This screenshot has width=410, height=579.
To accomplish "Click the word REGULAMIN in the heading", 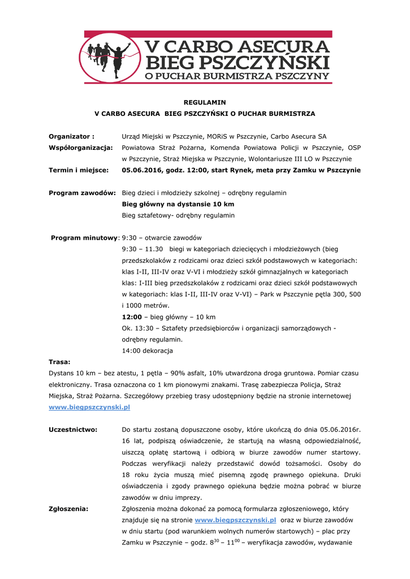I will [205, 102].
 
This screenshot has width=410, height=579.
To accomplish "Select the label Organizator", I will [71, 136].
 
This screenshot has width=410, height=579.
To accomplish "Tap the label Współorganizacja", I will [81, 148].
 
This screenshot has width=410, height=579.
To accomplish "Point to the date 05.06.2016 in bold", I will [142, 170].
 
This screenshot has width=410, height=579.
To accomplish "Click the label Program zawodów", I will [83, 193].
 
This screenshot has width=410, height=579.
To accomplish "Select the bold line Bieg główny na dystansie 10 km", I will [178, 204].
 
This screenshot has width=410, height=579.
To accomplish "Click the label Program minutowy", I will [84, 237].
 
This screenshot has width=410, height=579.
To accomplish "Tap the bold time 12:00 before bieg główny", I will [132, 317].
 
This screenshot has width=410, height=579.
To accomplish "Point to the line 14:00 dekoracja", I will [147, 351].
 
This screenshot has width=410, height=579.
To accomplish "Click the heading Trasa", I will [59, 361].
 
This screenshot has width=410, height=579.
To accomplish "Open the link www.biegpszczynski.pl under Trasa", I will [89, 407].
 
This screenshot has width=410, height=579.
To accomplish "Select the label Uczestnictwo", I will [73, 429].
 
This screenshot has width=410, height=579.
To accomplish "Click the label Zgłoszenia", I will [68, 508].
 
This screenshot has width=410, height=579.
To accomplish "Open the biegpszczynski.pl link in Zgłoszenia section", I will [235, 520].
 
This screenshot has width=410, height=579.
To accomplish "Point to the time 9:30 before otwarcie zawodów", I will [130, 237].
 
